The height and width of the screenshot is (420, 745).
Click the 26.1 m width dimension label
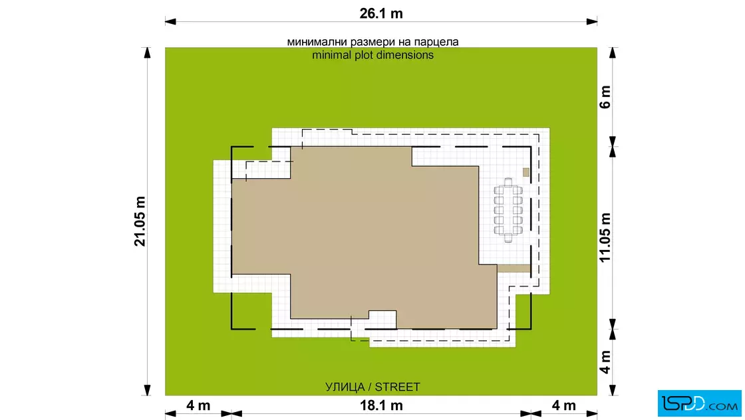click(x=381, y=13)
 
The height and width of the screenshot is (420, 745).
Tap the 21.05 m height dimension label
click(x=140, y=221)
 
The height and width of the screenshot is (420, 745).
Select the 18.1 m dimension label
click(x=381, y=406)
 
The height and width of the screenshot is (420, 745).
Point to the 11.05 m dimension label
click(x=605, y=237)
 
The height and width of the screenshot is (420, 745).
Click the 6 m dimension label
click(x=605, y=97)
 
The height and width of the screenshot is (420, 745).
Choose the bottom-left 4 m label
click(x=198, y=406)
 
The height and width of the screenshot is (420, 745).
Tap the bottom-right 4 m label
click(x=563, y=406)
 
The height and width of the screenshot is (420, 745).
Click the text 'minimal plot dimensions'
click(x=372, y=55)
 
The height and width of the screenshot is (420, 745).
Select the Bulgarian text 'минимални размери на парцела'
click(x=372, y=42)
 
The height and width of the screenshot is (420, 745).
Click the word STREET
click(x=397, y=387)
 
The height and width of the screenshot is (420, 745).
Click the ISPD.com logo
click(x=699, y=403)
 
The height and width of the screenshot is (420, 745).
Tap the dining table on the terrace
click(x=508, y=210)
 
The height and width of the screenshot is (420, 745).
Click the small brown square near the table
click(x=526, y=172)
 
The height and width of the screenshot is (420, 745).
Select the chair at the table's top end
click(x=508, y=182)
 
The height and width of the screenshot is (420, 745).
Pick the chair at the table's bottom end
click(x=508, y=238)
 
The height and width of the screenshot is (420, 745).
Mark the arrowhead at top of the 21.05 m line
click(x=147, y=52)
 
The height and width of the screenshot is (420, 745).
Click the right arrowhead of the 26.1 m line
click(x=592, y=21)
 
